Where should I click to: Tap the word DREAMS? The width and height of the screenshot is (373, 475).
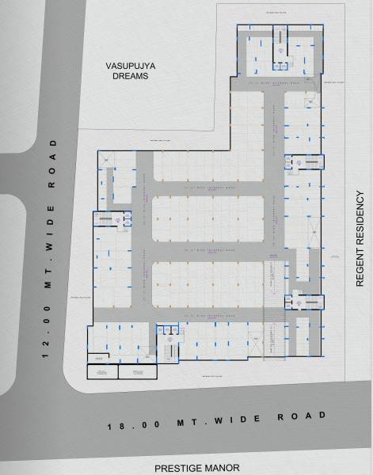(x=131, y=78)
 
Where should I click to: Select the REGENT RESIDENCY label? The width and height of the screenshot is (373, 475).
(x=360, y=238)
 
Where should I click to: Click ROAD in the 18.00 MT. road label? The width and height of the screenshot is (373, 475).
(x=299, y=415)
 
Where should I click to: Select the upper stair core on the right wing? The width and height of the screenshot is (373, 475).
(x=304, y=161)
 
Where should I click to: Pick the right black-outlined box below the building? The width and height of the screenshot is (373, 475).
(x=138, y=370)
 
